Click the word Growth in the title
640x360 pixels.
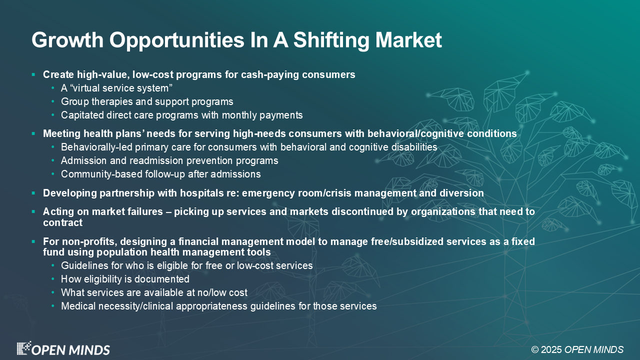pyautogui.click(x=67, y=40)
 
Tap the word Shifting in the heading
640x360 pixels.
pyautogui.click(x=331, y=40)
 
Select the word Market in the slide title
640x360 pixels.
pyautogui.click(x=408, y=39)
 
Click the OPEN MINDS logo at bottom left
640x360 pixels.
pyautogui.click(x=63, y=348)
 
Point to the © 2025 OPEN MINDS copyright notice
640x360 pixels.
pyautogui.click(x=577, y=349)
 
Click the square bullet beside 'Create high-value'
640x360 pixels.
pyautogui.click(x=33, y=75)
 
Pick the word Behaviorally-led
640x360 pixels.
pyautogui.click(x=96, y=147)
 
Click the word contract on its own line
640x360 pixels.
pyautogui.click(x=63, y=222)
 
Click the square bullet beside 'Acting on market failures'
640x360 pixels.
pyautogui.click(x=33, y=211)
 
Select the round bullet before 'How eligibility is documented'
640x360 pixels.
pyautogui.click(x=53, y=279)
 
